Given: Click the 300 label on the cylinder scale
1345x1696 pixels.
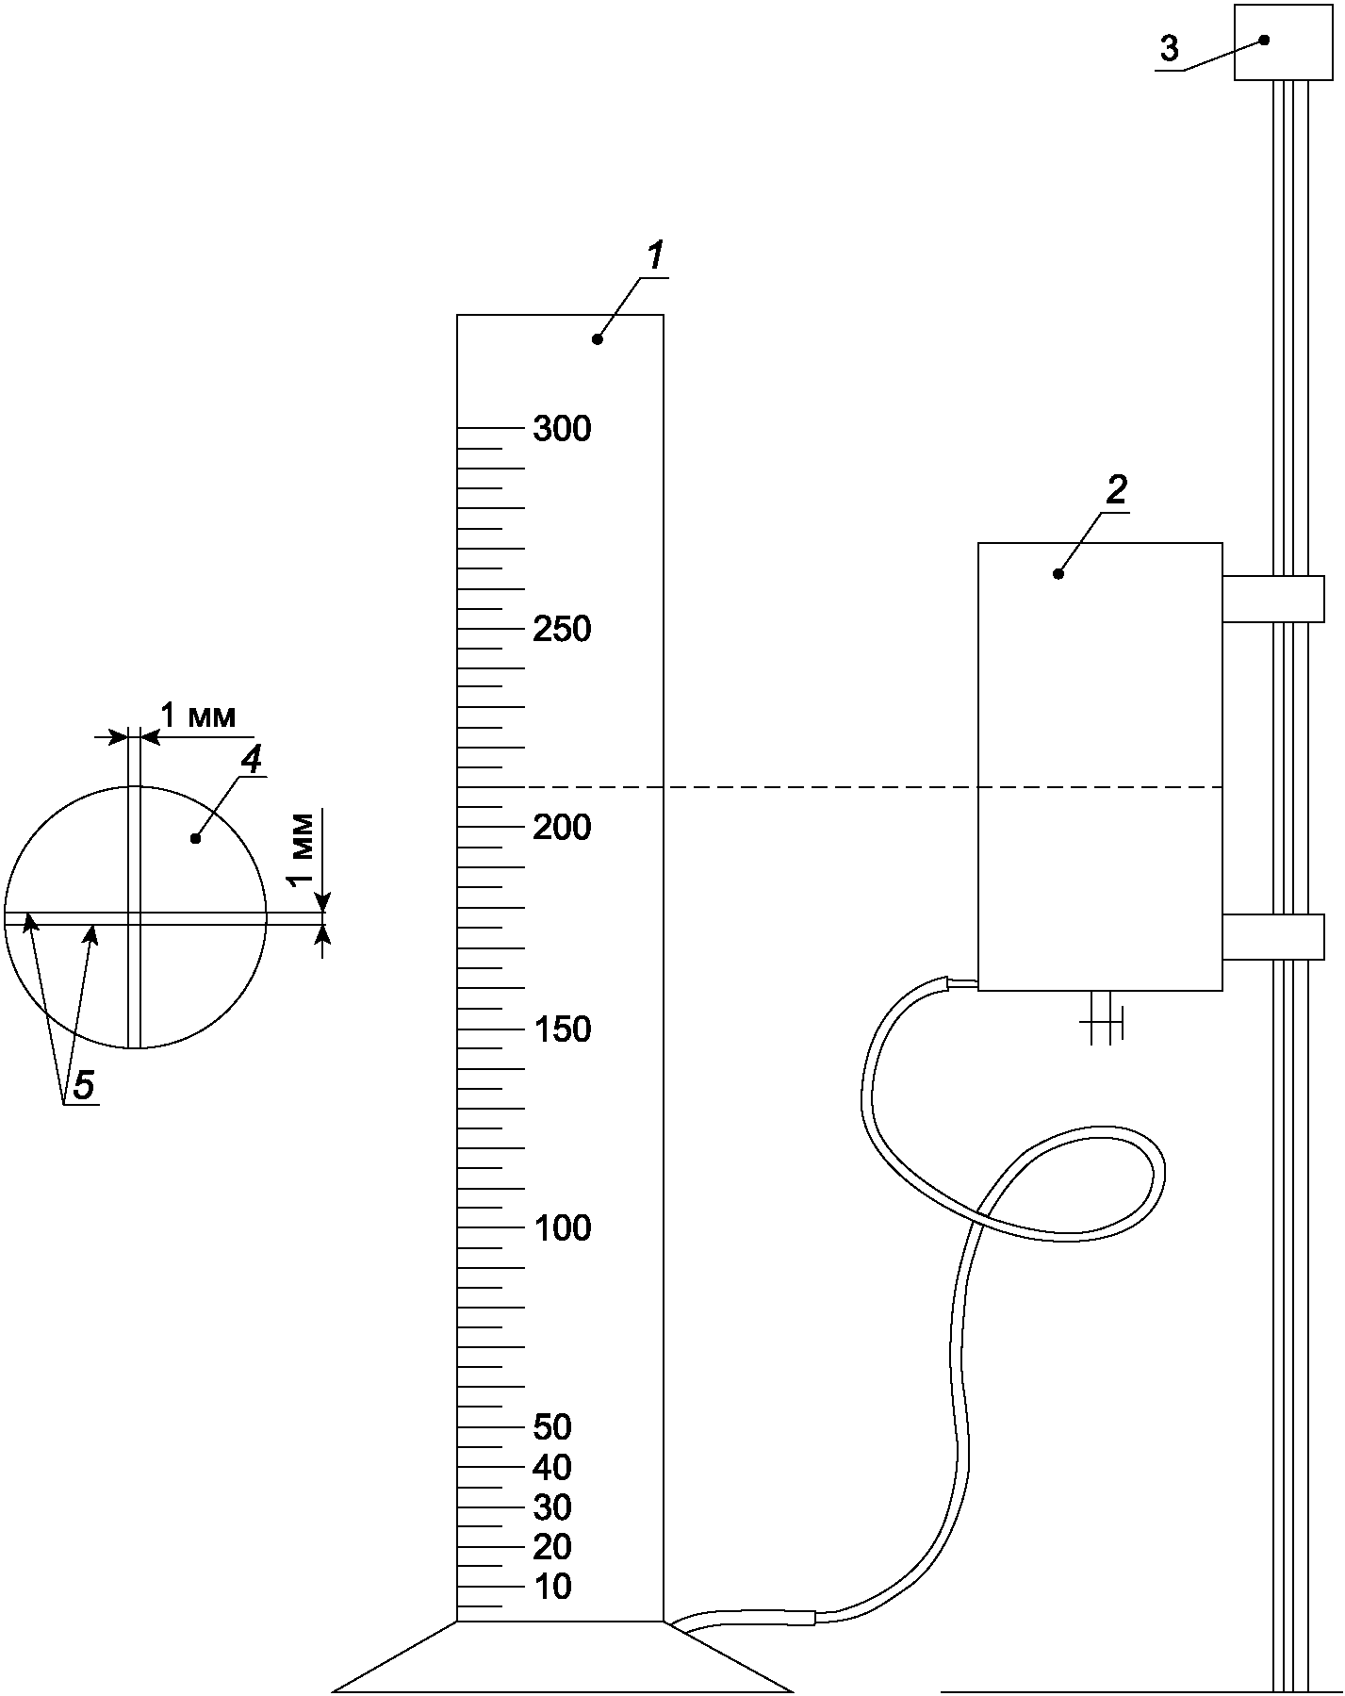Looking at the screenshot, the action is [562, 429].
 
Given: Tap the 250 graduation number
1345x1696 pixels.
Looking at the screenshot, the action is [562, 629].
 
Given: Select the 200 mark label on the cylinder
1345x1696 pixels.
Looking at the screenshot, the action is [562, 828].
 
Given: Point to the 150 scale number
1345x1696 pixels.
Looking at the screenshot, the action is [562, 1029].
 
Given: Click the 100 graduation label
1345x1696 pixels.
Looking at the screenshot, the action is [563, 1227].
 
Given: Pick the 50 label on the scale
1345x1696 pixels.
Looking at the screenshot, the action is [552, 1427].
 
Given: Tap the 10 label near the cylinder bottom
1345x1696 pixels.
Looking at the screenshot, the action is [552, 1587].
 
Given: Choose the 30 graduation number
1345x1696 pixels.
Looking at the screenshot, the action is [552, 1507].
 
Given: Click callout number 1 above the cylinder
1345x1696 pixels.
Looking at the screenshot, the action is [655, 256].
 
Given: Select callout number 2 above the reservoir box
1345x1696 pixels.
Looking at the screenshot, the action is [1117, 490].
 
